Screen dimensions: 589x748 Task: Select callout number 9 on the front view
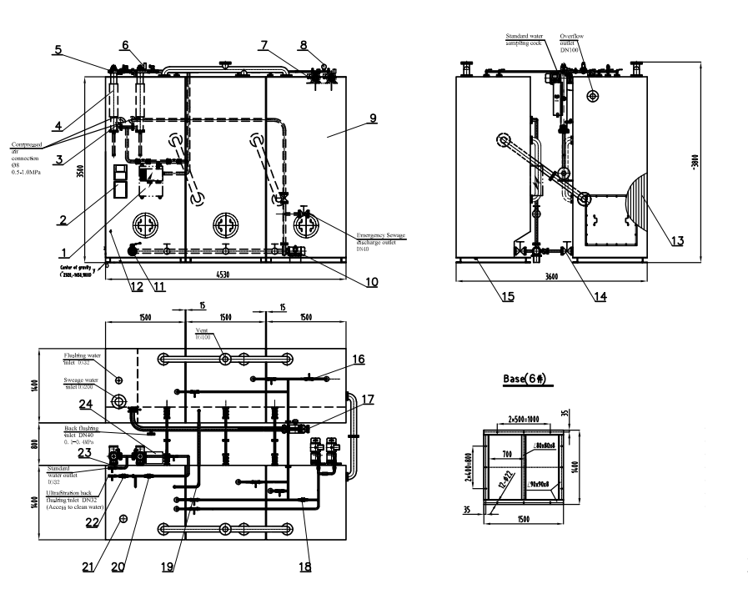tap(374, 118)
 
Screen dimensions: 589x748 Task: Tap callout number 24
tap(85, 405)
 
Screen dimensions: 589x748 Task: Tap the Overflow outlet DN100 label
tap(574, 41)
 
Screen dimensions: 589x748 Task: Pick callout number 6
tap(125, 45)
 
